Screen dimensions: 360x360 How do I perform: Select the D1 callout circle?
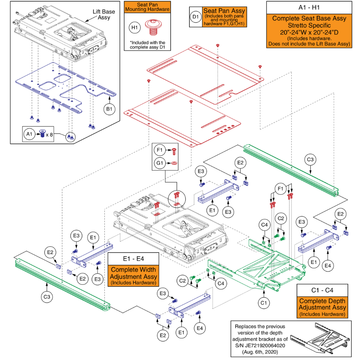tap(195, 17)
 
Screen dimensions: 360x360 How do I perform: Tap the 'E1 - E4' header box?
tap(133, 258)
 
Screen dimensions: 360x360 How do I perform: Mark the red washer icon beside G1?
tap(174, 163)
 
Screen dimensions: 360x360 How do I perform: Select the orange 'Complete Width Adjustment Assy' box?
tap(133, 276)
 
